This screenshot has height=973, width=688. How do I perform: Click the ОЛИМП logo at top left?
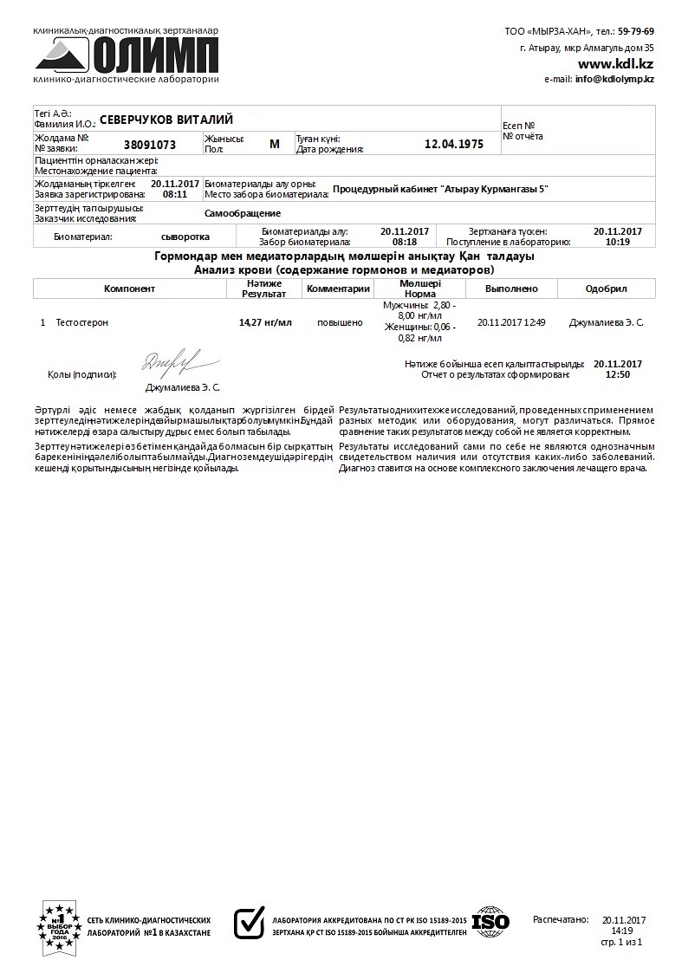(127, 55)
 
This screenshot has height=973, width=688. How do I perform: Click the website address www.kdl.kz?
(615, 63)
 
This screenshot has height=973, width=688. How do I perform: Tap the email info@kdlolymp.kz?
(613, 79)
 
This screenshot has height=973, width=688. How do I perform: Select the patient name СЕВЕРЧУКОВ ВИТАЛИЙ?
(166, 120)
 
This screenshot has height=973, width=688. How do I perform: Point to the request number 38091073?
(150, 145)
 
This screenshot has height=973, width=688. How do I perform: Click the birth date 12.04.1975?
(454, 144)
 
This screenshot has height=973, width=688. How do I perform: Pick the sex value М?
(275, 144)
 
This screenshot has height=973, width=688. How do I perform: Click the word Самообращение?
(243, 213)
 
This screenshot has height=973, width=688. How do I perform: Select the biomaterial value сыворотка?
(185, 236)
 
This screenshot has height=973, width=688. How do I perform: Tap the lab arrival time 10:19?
(617, 242)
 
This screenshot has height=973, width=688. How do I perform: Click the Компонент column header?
(129, 289)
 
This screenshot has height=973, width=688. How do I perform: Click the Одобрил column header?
(606, 289)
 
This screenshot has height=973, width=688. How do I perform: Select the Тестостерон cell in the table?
(82, 322)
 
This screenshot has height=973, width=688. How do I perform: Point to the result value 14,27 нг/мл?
(265, 322)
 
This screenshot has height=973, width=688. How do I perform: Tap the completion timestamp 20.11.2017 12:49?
(511, 322)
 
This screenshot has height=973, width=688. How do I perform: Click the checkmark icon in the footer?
(250, 922)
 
